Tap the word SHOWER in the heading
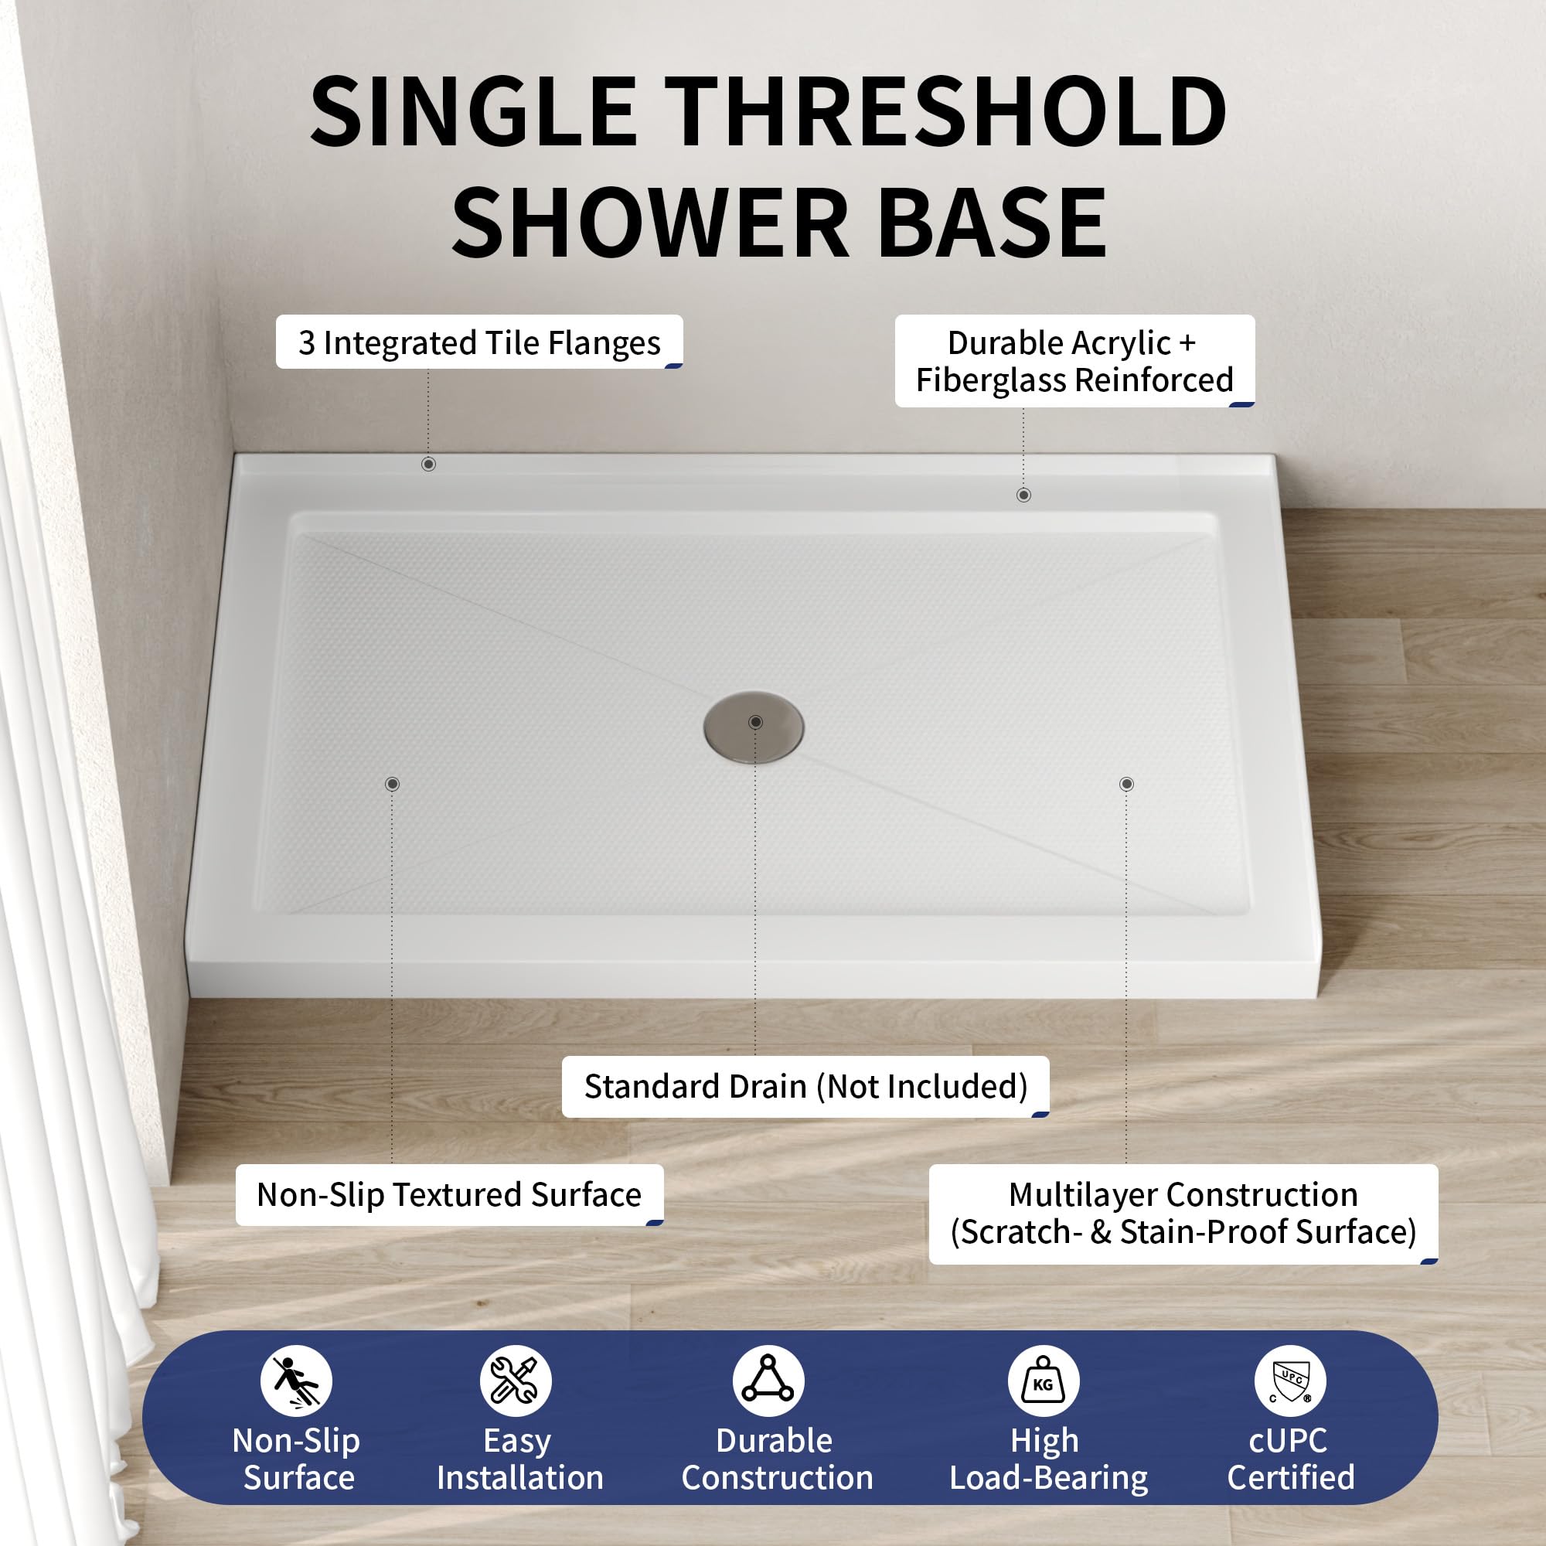(651, 223)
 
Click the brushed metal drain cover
(754, 727)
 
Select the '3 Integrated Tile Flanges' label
(479, 342)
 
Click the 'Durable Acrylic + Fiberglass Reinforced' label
(1074, 361)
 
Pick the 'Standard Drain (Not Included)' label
(805, 1087)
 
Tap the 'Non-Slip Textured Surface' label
(450, 1195)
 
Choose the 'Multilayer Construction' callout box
(1183, 1214)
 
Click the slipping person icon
(296, 1381)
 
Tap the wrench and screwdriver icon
(516, 1381)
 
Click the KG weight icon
(1044, 1381)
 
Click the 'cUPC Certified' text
(1291, 1459)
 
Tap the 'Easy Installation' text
(519, 1460)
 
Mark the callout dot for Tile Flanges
(429, 464)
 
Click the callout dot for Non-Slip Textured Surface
(392, 784)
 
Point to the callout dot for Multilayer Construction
(1127, 784)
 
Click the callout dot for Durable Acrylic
(1023, 495)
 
